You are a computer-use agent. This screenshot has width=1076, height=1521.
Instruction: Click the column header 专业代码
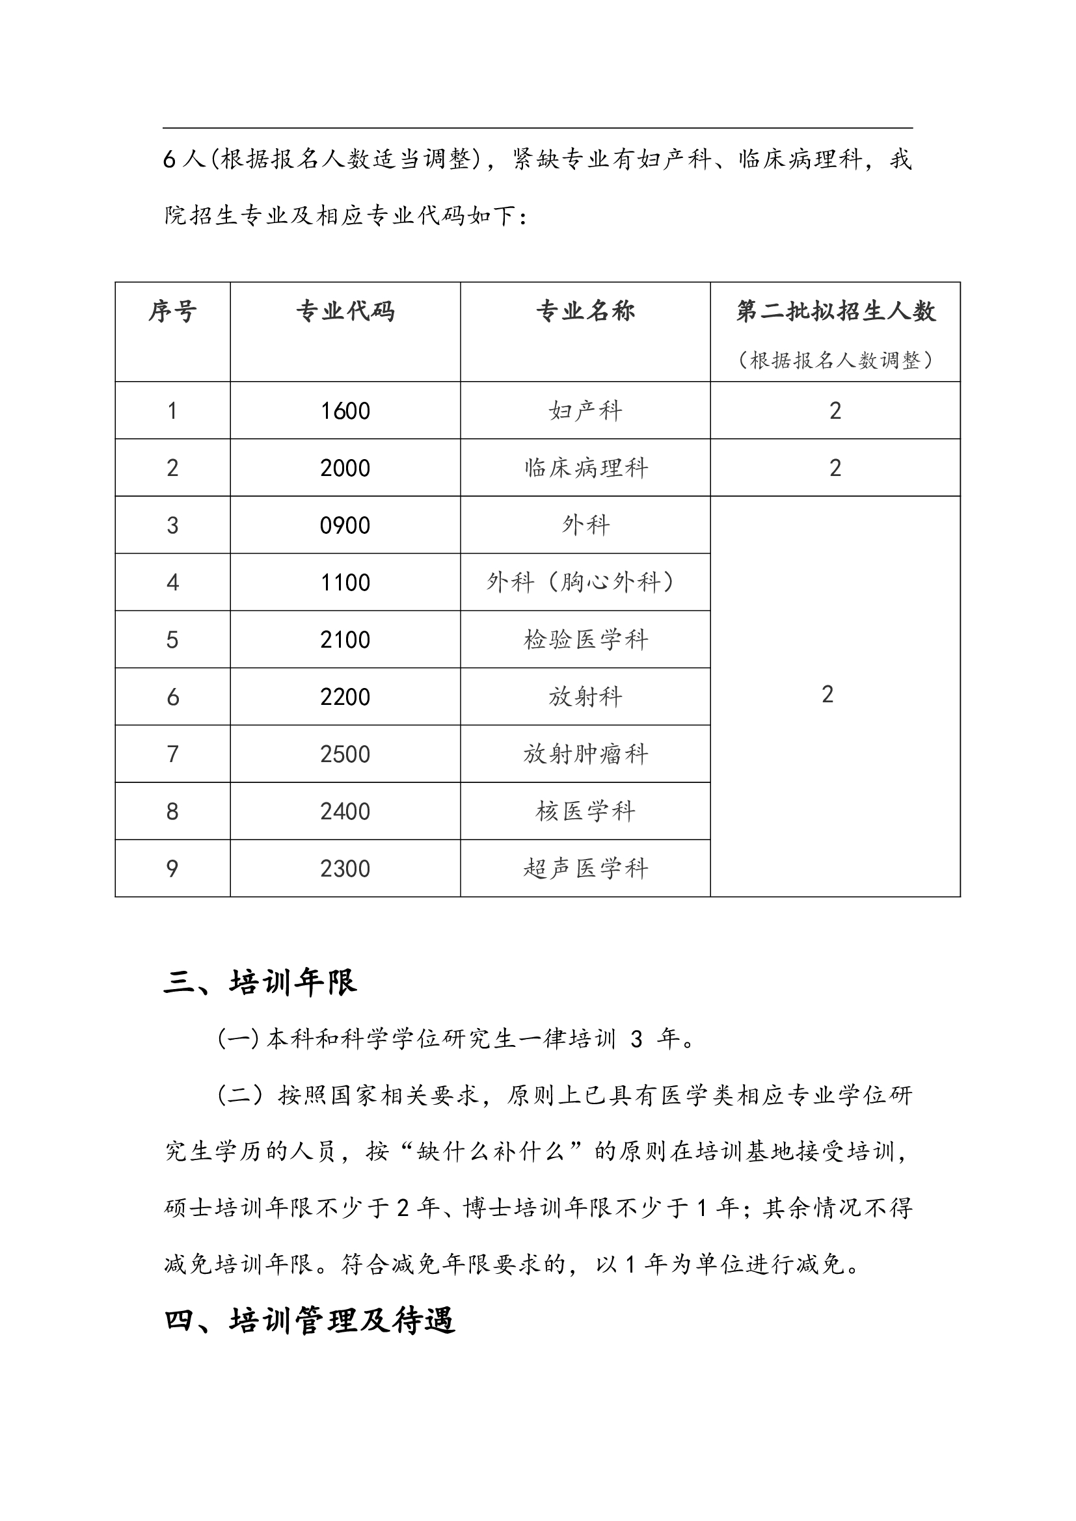[345, 311]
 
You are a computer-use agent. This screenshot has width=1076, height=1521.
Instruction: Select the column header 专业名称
[585, 311]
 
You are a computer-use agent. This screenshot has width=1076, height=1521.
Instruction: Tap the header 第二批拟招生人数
[835, 311]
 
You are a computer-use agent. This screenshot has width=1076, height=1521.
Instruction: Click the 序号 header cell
[172, 311]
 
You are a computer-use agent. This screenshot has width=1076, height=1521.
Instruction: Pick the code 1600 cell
[345, 411]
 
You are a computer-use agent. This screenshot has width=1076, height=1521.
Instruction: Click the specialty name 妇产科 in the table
[585, 411]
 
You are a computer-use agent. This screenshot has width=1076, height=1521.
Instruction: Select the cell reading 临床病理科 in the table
[585, 468]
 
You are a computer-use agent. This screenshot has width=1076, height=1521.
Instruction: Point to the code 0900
[345, 525]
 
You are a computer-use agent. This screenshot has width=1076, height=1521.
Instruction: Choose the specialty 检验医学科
[585, 640]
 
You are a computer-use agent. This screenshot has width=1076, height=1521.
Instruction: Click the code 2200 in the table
[345, 697]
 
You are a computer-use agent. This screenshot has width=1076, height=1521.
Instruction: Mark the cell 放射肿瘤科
[585, 754]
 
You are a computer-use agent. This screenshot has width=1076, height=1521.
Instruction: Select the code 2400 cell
[345, 812]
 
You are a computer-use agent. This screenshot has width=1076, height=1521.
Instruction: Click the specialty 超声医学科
[585, 869]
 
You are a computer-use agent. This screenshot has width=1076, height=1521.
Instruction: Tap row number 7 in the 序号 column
[172, 754]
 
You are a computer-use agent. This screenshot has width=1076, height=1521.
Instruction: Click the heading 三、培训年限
[260, 983]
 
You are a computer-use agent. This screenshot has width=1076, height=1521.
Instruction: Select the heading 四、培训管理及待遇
[310, 1320]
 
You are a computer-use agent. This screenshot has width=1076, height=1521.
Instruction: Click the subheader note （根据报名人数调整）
[835, 360]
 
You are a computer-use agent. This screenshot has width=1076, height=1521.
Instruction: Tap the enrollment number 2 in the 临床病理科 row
[835, 468]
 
